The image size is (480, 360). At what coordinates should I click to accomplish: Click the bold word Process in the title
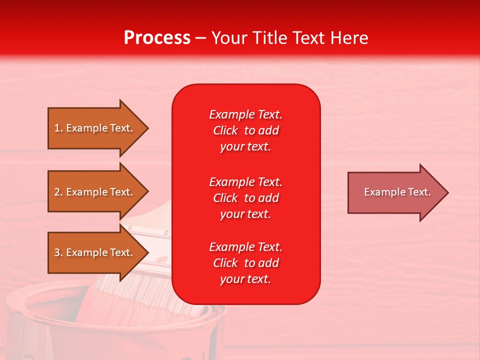click(157, 38)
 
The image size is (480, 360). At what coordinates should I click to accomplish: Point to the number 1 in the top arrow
click(57, 128)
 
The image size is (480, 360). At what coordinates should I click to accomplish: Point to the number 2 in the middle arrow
click(57, 192)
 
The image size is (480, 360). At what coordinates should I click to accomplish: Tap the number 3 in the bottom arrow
click(57, 252)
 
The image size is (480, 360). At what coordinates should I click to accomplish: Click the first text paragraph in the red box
click(245, 130)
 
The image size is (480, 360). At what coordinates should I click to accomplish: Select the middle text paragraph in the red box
click(245, 198)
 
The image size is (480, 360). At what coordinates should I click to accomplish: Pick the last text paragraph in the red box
click(245, 263)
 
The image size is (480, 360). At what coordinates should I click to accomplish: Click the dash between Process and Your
click(200, 38)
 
